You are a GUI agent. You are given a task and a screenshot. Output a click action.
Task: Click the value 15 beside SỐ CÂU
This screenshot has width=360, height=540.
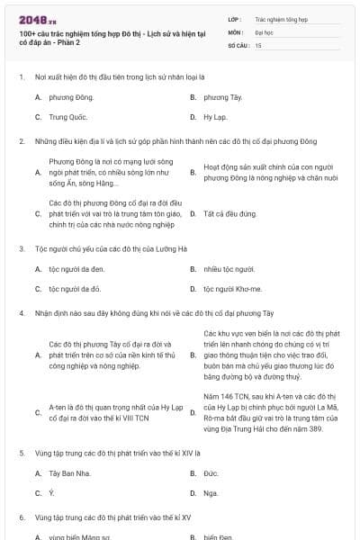(x=258, y=44)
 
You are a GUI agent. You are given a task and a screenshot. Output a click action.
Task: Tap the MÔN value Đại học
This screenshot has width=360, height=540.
(x=263, y=31)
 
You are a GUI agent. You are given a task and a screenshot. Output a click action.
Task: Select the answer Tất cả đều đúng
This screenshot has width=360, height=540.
(x=230, y=214)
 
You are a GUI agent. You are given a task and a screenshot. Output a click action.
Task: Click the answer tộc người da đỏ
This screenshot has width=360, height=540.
(x=75, y=289)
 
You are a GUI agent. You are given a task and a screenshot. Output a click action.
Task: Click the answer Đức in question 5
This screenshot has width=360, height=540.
(x=211, y=473)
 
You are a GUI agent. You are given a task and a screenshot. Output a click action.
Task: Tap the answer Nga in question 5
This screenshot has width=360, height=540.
(x=211, y=493)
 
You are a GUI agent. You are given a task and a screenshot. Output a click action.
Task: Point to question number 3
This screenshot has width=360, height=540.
(x=21, y=248)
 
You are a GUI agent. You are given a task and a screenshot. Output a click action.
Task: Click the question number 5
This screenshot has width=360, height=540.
(x=21, y=453)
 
